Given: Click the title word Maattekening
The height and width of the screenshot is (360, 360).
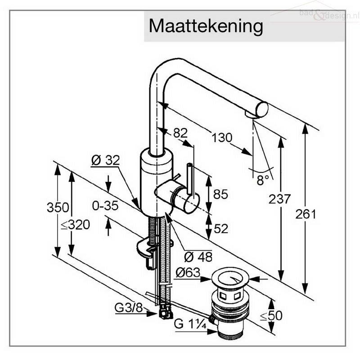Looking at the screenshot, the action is (206, 27).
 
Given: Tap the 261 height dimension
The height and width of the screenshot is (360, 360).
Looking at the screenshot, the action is (306, 214).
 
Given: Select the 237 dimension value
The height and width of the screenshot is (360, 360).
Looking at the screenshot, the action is (279, 199).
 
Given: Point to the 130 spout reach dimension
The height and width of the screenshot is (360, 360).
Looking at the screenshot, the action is (222, 138).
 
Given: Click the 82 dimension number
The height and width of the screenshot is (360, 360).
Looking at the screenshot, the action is (180, 133).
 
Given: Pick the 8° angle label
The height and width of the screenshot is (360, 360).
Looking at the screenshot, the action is (263, 180).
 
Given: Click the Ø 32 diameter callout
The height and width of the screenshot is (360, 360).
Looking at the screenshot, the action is (105, 160).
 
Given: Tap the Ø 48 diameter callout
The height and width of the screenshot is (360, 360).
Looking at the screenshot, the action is (198, 257).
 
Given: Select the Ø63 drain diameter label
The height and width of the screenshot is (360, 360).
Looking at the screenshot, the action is (188, 273).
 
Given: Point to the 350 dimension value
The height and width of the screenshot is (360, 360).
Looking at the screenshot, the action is (58, 207).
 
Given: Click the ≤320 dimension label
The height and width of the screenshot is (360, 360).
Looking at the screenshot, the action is (76, 225).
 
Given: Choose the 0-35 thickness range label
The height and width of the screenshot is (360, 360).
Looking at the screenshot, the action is (105, 206).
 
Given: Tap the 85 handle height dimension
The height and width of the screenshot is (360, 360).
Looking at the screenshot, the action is (220, 194).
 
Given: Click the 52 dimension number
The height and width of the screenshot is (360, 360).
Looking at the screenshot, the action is (221, 229).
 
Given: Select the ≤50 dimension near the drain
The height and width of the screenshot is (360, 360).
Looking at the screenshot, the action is (271, 316).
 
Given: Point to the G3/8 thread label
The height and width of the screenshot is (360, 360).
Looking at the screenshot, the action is (129, 308).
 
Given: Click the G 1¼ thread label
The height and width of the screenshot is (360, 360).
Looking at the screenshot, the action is (190, 324).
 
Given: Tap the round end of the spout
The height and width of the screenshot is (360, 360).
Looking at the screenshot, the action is (262, 110).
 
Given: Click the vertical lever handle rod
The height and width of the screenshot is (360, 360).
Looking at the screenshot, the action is (190, 179).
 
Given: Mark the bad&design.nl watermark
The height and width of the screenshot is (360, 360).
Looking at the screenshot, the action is (329, 14).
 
